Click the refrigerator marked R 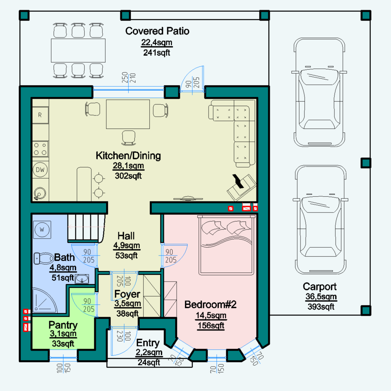(40, 115)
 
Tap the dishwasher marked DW (40, 170)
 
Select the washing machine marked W (42, 229)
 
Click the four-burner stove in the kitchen (40, 149)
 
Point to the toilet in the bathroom (44, 258)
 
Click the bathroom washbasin (82, 279)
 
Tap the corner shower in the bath (44, 301)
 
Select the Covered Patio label (157, 31)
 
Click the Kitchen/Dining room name (128, 156)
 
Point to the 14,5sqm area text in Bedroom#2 (211, 315)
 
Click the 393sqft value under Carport (321, 307)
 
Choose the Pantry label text (63, 325)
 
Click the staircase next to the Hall (86, 227)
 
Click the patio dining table (78, 51)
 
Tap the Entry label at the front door (148, 343)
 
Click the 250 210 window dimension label (129, 78)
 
